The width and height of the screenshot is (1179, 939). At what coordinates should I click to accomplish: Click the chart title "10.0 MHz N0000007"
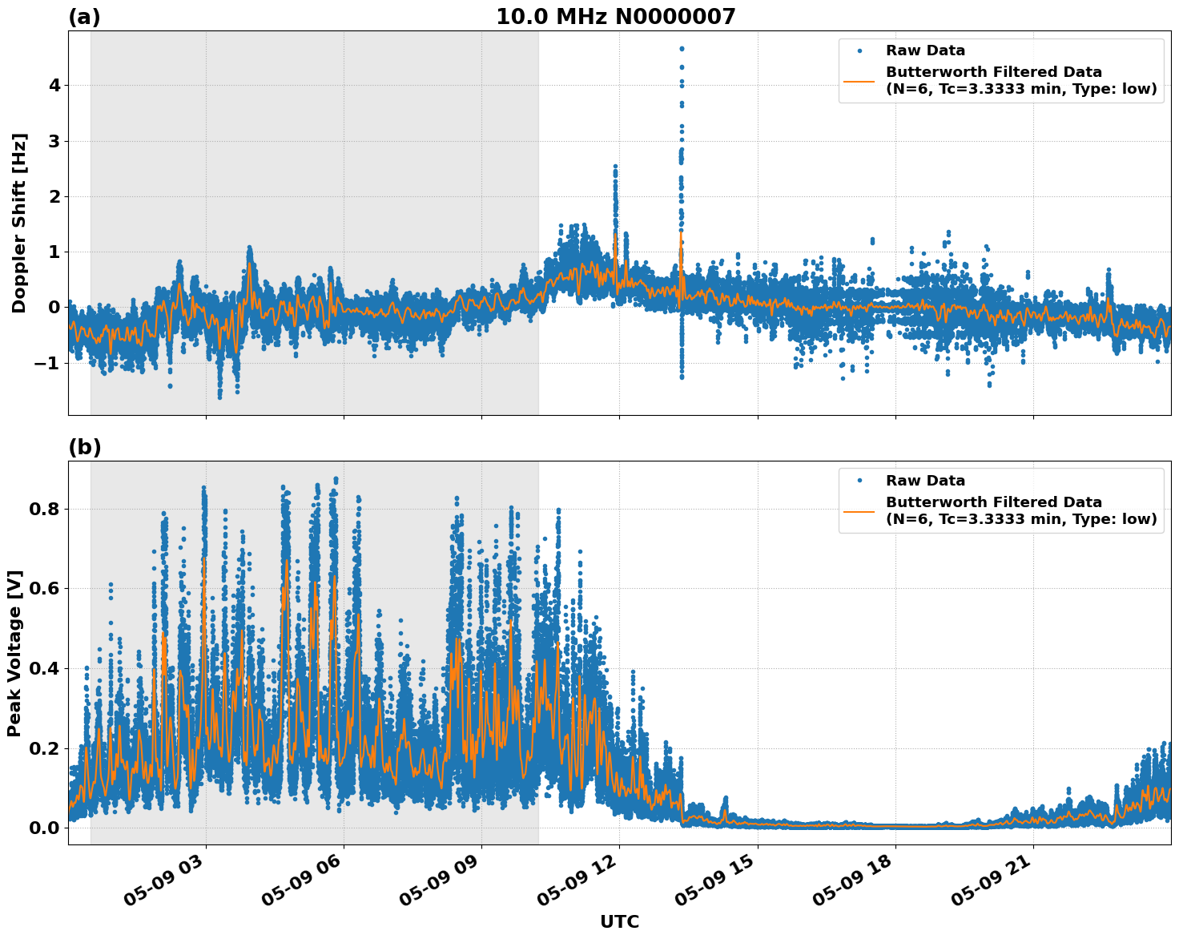(x=615, y=17)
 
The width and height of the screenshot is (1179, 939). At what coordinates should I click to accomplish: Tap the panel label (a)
(x=84, y=18)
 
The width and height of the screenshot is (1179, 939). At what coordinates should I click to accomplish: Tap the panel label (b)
(x=84, y=448)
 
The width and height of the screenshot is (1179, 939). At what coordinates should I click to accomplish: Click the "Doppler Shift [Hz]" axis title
(x=19, y=223)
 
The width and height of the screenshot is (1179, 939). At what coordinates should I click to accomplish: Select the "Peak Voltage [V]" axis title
(x=14, y=653)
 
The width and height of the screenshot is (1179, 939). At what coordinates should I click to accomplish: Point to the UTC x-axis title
(x=619, y=922)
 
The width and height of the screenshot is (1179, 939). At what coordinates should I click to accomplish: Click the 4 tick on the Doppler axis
(x=55, y=86)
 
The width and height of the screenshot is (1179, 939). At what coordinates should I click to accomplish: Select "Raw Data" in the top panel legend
(x=925, y=50)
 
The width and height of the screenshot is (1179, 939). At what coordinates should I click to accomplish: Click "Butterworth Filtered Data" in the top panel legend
(x=993, y=72)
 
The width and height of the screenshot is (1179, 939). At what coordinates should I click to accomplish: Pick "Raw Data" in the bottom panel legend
(x=925, y=481)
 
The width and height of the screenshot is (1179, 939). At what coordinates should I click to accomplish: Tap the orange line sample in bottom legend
(x=859, y=510)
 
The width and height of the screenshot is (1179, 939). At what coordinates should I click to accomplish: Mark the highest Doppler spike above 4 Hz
(x=682, y=50)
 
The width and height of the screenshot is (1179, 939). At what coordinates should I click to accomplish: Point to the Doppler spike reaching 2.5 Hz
(x=615, y=167)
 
